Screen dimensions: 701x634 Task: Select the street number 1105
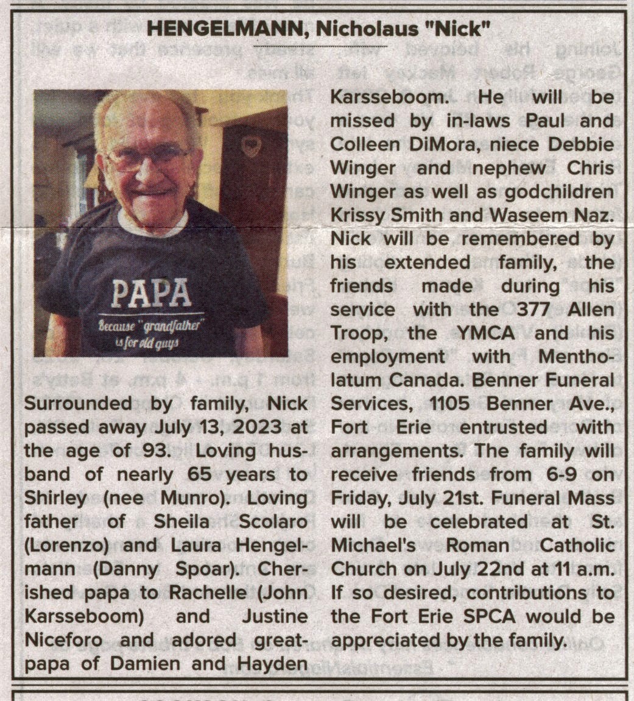[x=454, y=404]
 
